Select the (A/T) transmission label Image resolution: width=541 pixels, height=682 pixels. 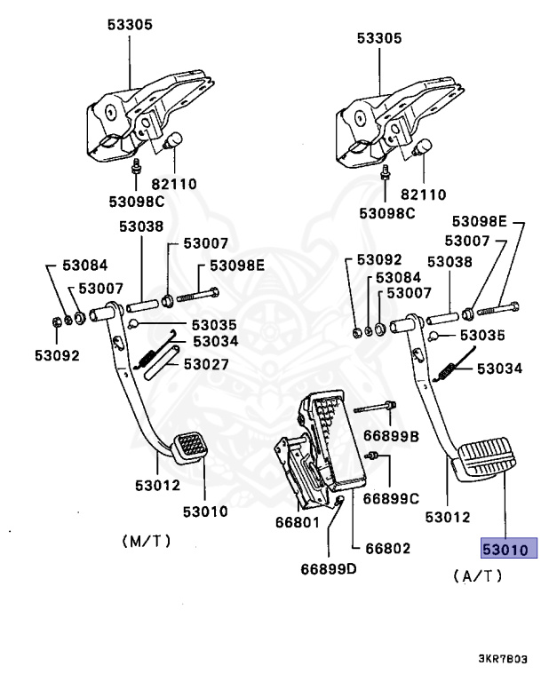[477, 575]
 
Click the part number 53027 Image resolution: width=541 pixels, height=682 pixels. [206, 364]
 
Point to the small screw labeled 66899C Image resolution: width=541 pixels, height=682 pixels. [376, 457]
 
